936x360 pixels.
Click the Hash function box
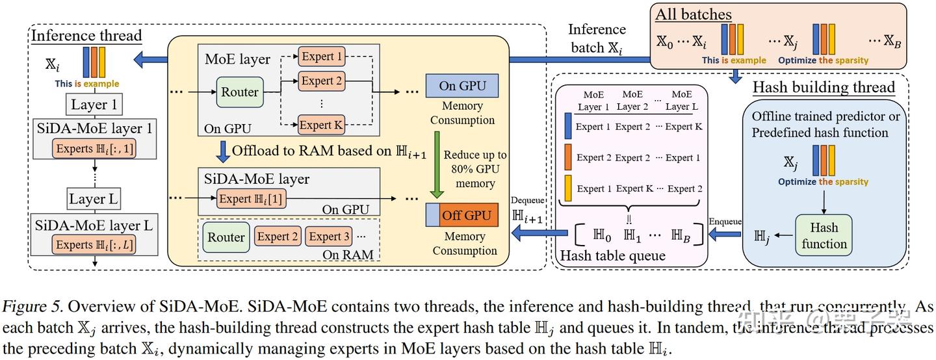[824, 236]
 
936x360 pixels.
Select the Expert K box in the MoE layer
[321, 124]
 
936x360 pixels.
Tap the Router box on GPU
[240, 92]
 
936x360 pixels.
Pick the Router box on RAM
[226, 237]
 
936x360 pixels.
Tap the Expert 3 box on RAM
[329, 237]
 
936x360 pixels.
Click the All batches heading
[693, 14]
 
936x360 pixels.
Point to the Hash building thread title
[823, 87]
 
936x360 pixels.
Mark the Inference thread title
[86, 35]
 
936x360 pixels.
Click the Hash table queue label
[612, 255]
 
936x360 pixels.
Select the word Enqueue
[725, 222]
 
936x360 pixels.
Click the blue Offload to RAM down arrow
[223, 151]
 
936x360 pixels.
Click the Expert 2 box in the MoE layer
[321, 81]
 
